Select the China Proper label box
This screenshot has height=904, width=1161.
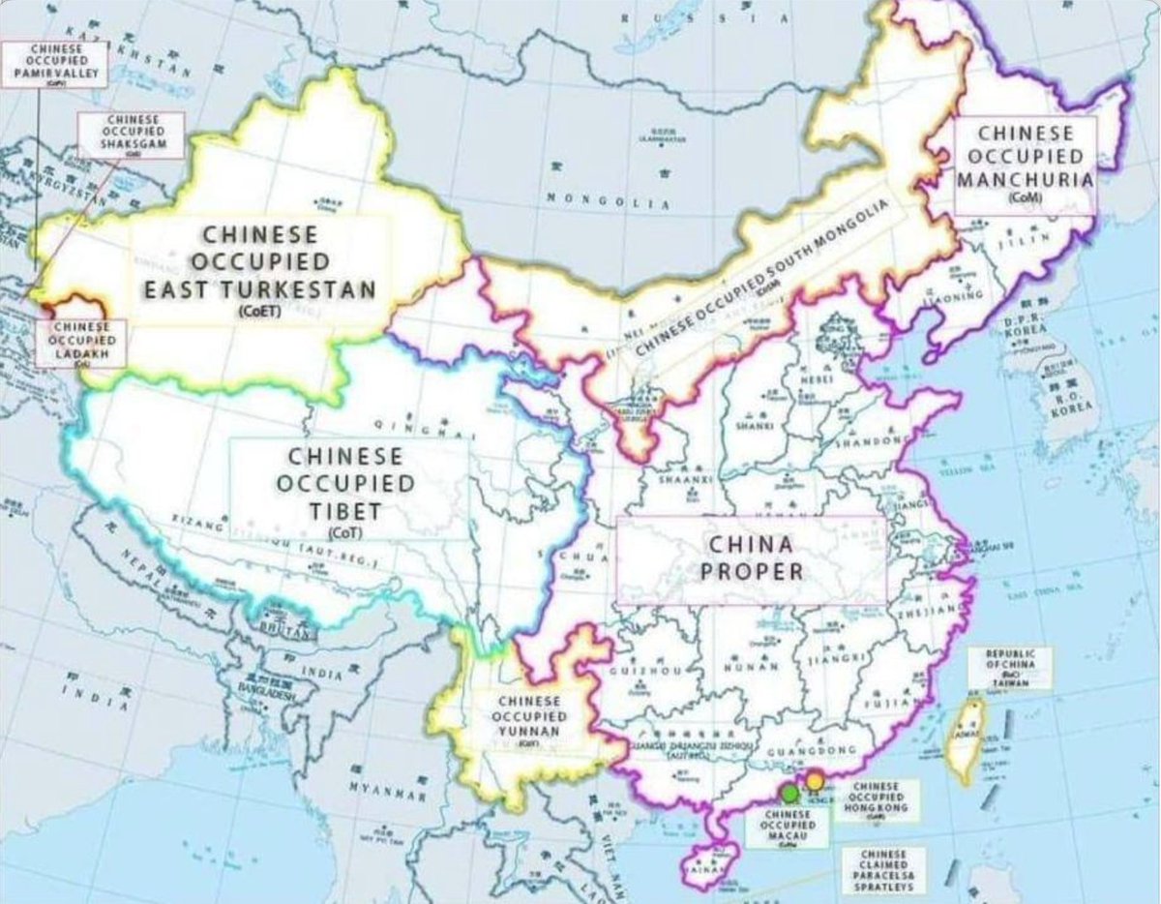752,558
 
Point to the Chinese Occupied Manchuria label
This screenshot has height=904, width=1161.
1025,164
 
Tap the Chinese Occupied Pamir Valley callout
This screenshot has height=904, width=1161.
54,64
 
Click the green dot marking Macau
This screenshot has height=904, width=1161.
790,794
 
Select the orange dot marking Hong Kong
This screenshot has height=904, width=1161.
815,780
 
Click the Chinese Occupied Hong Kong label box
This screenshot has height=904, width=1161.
878,800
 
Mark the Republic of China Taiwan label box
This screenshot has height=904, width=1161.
1009,668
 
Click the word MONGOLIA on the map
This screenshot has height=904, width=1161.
608,201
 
